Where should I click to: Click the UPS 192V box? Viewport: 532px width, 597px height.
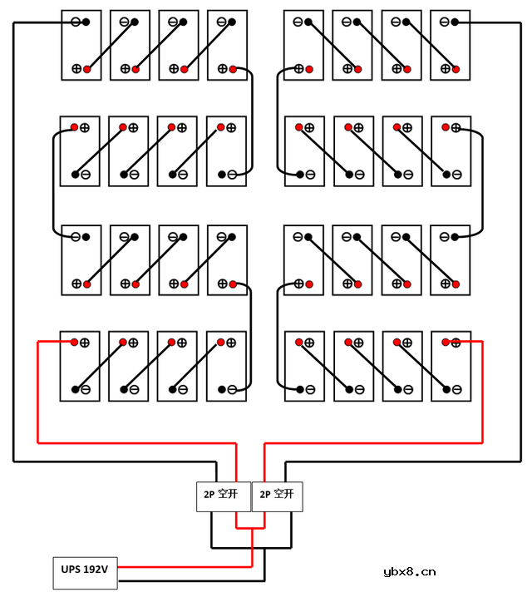click(85, 570)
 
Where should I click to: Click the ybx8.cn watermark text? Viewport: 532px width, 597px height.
click(410, 571)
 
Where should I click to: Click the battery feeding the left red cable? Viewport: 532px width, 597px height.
click(81, 366)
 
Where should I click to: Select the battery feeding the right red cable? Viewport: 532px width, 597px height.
click(451, 366)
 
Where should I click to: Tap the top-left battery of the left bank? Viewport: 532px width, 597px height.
click(81, 45)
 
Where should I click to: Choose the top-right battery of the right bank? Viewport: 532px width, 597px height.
click(451, 45)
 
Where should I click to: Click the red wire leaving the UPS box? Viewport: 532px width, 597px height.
click(183, 566)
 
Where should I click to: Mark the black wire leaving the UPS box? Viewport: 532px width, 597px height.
click(191, 580)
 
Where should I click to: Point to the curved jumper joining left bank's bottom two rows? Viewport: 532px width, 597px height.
click(251, 337)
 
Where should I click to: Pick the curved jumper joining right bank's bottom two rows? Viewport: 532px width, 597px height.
click(278, 337)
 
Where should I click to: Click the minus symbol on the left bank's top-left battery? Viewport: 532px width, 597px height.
click(76, 22)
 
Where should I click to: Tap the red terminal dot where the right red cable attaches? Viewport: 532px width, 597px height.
click(446, 342)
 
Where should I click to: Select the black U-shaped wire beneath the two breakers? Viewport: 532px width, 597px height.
click(251, 546)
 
